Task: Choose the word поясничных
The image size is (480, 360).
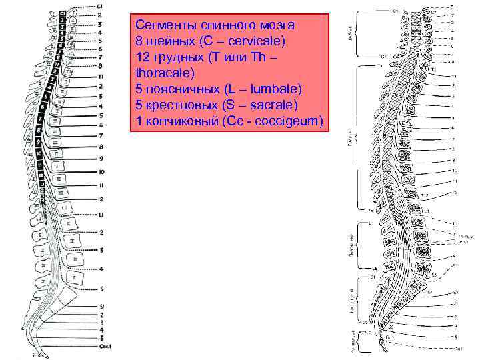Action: coord(179,89)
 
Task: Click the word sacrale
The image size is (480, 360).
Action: coord(273,105)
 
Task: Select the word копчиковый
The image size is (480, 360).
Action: coord(176,121)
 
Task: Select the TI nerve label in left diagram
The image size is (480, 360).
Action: coord(100,77)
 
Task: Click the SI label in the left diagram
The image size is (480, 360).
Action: coord(101,307)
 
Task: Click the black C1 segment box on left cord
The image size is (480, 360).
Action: coord(61,13)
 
